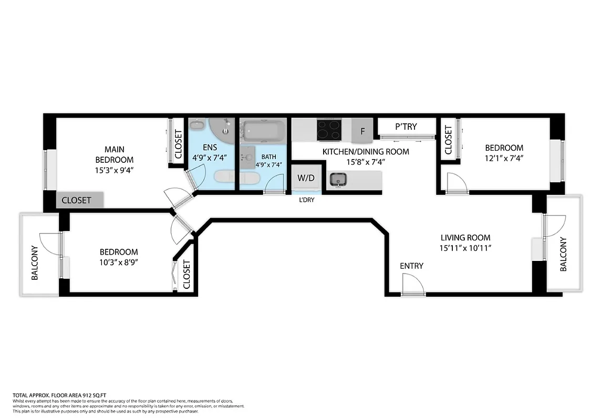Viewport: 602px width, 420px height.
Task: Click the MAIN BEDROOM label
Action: (x=114, y=154)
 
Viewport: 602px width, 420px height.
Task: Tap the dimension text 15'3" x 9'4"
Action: (x=114, y=170)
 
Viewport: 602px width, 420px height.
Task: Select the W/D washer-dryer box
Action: (x=306, y=178)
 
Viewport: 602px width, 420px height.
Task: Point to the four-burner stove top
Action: (x=329, y=130)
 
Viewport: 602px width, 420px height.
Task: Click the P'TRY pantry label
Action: (x=406, y=127)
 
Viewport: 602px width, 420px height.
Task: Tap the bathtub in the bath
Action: (x=263, y=131)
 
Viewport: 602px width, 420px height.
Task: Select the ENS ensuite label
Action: (x=210, y=147)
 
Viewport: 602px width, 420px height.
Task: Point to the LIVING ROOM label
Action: (x=465, y=238)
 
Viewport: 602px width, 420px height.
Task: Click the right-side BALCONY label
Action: (x=564, y=255)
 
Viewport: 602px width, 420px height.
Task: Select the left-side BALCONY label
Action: (x=35, y=262)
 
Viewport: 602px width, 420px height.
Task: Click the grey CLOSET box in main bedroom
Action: (x=80, y=200)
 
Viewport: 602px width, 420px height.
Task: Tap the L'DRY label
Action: (x=306, y=199)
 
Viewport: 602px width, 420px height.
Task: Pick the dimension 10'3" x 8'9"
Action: (x=119, y=262)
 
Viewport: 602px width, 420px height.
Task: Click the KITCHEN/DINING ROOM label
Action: (x=365, y=152)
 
